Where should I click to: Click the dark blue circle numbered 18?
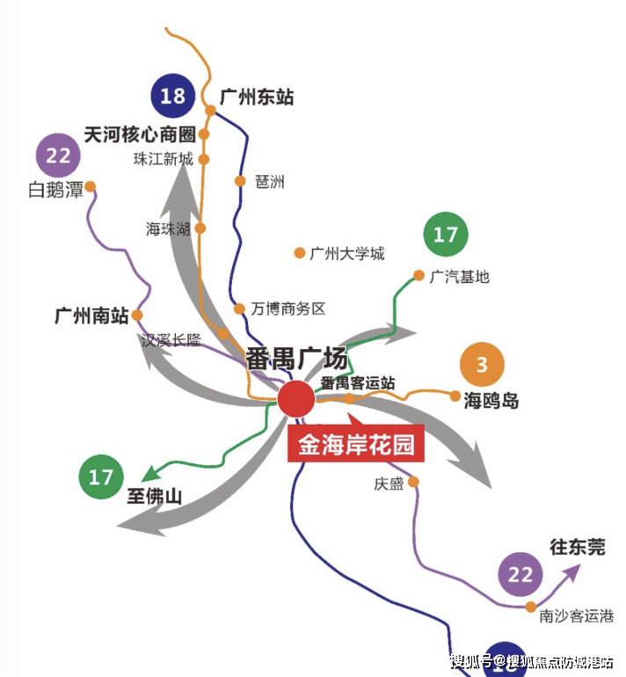(x=173, y=96)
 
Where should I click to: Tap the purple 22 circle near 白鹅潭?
(x=58, y=157)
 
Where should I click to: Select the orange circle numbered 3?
(x=482, y=365)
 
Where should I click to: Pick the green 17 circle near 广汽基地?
(x=446, y=235)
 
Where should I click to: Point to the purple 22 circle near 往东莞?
(x=521, y=575)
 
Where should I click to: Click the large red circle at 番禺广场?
(x=296, y=399)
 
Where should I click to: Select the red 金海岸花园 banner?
(x=356, y=445)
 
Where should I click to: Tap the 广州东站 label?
(x=257, y=98)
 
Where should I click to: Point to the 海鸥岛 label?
(x=491, y=402)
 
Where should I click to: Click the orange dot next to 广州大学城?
(x=299, y=253)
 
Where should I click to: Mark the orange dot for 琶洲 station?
(x=239, y=182)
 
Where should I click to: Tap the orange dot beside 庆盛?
(x=413, y=481)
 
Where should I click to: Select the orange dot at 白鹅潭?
(x=90, y=186)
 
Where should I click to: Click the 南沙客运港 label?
(x=577, y=616)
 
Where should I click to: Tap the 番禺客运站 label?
(x=357, y=383)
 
